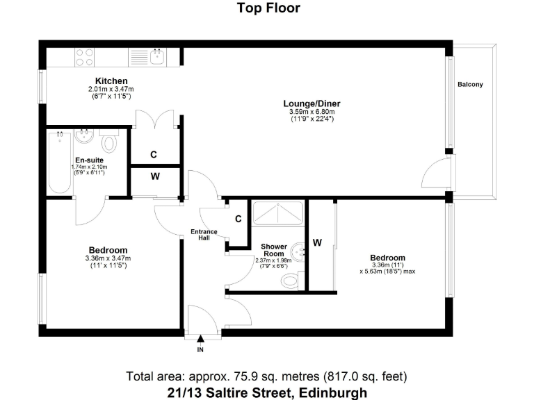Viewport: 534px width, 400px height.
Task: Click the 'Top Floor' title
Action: coord(268,8)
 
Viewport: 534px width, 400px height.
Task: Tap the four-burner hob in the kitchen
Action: coord(85,56)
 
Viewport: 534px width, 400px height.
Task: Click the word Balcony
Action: coord(470,85)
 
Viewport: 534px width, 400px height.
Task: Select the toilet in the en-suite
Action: coord(108,144)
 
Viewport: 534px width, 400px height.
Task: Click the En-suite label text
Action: coord(89,160)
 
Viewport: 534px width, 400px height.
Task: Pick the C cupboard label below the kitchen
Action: coord(155,154)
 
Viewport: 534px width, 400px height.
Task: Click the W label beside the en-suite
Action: coord(155,176)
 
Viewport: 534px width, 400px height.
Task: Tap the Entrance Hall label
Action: coord(204,235)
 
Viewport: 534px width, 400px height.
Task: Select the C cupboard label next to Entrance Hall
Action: coord(238,219)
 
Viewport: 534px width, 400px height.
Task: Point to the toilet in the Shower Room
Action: coord(291,281)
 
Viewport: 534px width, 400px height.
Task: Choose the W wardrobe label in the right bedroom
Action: coord(317,242)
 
